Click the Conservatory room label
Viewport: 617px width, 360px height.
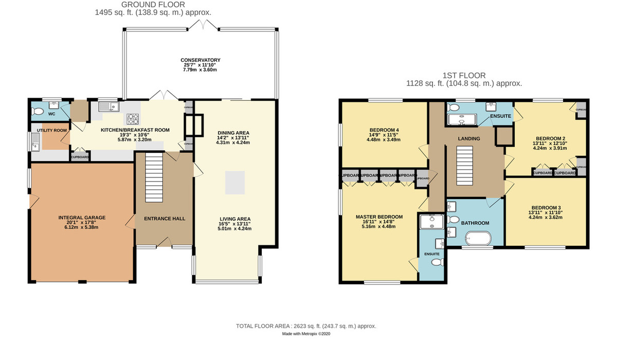[200, 60]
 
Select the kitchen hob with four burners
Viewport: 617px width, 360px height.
[134, 119]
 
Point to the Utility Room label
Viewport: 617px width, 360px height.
[52, 131]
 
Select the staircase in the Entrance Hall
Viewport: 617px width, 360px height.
[153, 178]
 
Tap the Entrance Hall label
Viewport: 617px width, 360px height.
[165, 219]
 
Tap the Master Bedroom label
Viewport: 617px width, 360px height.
[379, 217]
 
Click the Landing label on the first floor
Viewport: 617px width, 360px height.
[469, 139]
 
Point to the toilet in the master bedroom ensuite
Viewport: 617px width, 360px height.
[437, 262]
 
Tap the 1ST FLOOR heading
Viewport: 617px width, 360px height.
[464, 76]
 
